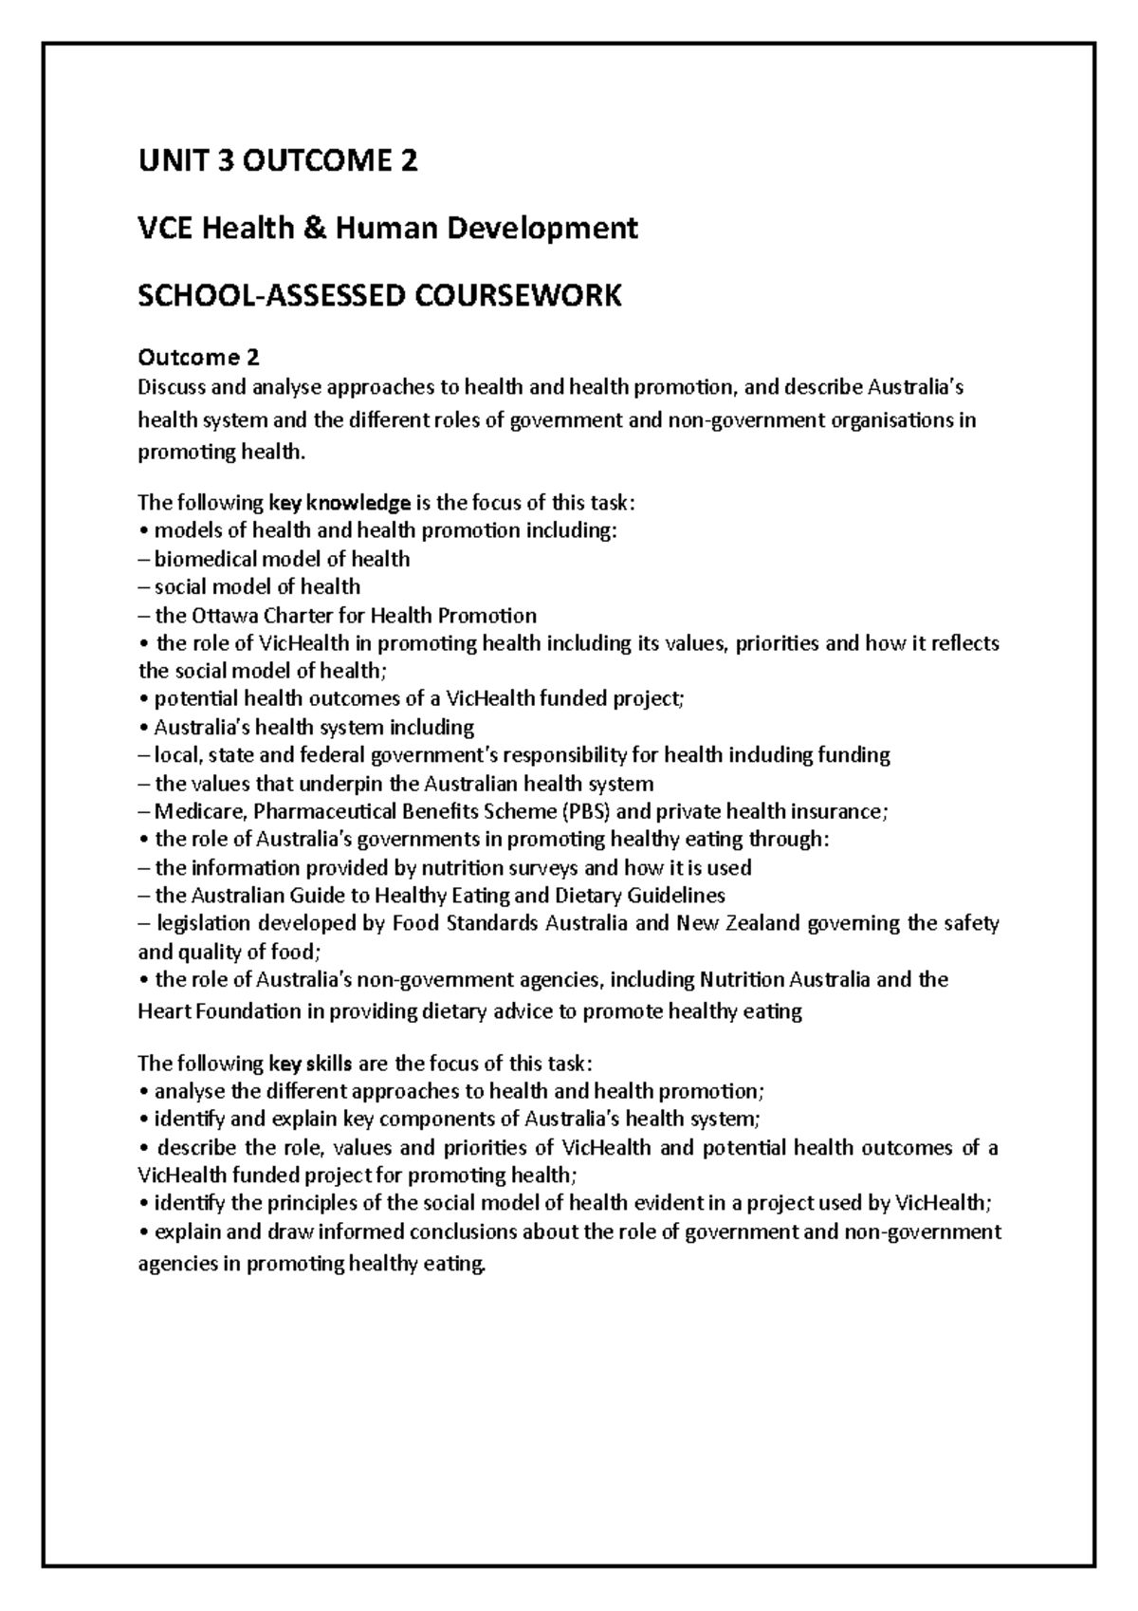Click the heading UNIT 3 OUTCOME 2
[x=277, y=162]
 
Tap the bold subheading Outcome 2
[x=198, y=358]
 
